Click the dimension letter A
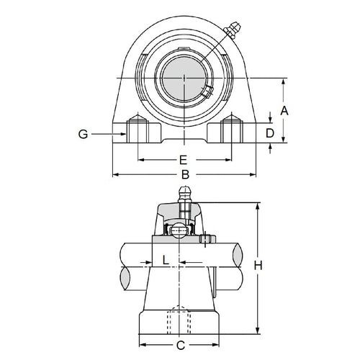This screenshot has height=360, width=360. (x=285, y=110)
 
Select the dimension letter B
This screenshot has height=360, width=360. (x=184, y=174)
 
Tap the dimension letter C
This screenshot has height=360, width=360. (x=181, y=346)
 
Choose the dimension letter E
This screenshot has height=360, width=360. (x=183, y=159)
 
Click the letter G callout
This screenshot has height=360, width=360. (x=84, y=133)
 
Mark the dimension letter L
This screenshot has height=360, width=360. (x=165, y=258)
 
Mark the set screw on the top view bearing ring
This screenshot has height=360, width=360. (x=206, y=91)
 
